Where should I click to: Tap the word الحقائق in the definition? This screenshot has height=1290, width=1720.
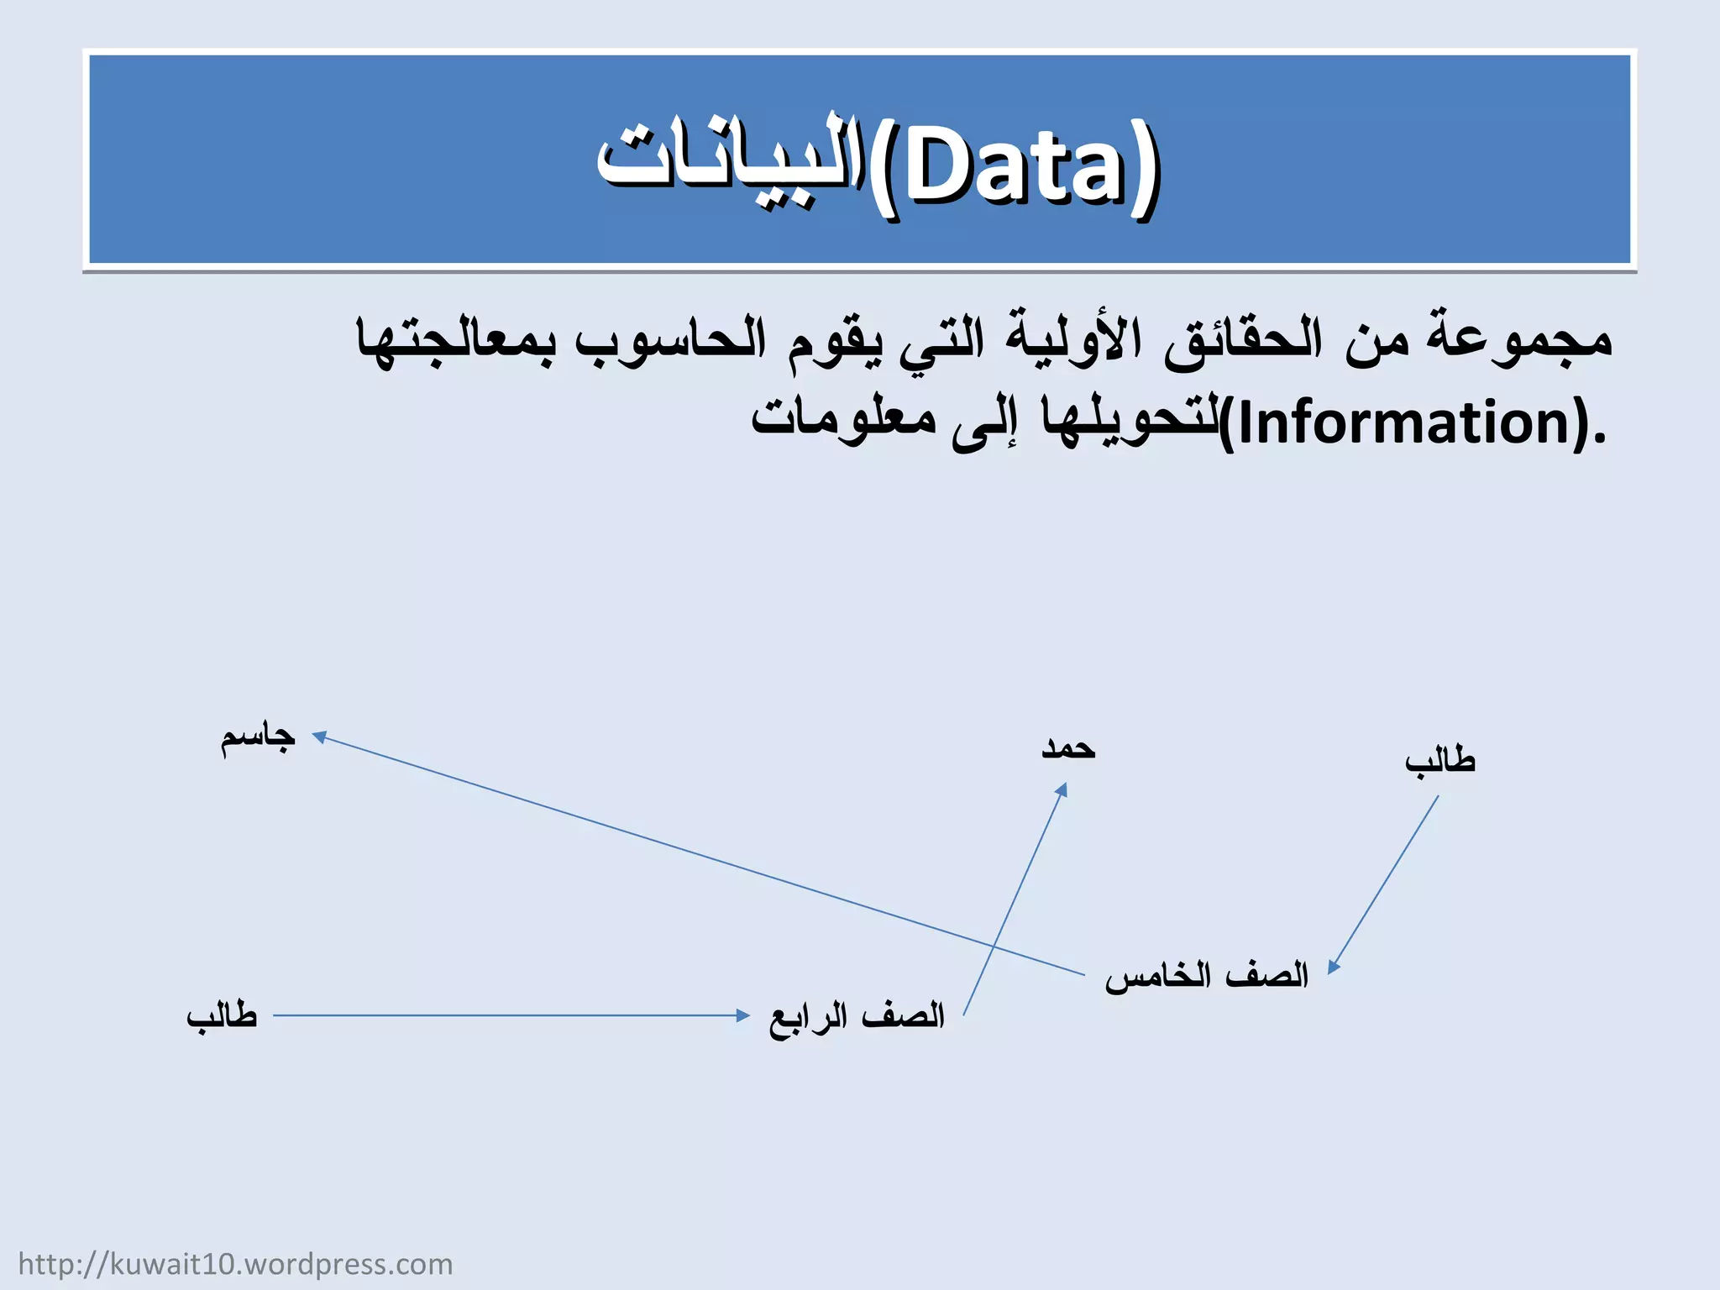1243,338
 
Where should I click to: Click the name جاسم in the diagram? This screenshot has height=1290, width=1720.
258,737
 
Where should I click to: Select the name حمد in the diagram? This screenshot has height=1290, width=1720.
1068,747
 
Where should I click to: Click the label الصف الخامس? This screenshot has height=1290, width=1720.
1206,976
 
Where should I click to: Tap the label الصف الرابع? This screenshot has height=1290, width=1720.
857,1016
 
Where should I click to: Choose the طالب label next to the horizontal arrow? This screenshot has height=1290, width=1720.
222,1015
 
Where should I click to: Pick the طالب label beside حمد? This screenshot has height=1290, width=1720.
1439,761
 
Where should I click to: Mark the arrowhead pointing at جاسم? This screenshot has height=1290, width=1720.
319,737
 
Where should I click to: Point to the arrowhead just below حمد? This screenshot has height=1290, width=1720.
1062,790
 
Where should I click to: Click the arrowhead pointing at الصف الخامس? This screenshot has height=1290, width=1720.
1333,967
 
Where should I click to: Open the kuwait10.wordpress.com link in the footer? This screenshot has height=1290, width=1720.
235,1264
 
